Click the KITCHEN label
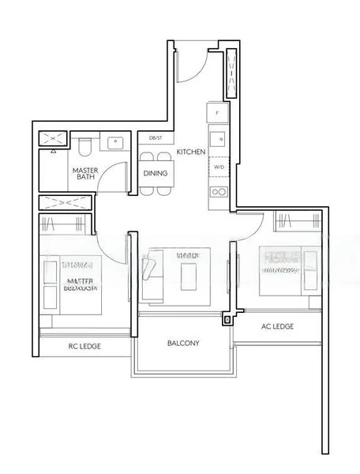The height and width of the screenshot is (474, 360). click(191, 151)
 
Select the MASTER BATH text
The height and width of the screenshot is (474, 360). click(85, 175)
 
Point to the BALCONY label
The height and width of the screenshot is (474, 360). click(182, 344)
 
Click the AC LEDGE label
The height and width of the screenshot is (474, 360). click(277, 325)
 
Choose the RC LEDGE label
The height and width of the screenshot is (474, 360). click(83, 344)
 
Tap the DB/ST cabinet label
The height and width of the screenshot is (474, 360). click(156, 138)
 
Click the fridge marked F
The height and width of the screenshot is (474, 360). click(219, 113)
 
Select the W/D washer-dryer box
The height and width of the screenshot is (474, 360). click(219, 167)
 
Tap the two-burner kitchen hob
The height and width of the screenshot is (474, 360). click(219, 191)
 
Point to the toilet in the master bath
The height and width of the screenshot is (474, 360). click(86, 147)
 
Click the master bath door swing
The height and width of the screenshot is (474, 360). click(116, 177)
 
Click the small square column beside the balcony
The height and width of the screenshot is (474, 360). click(227, 320)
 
